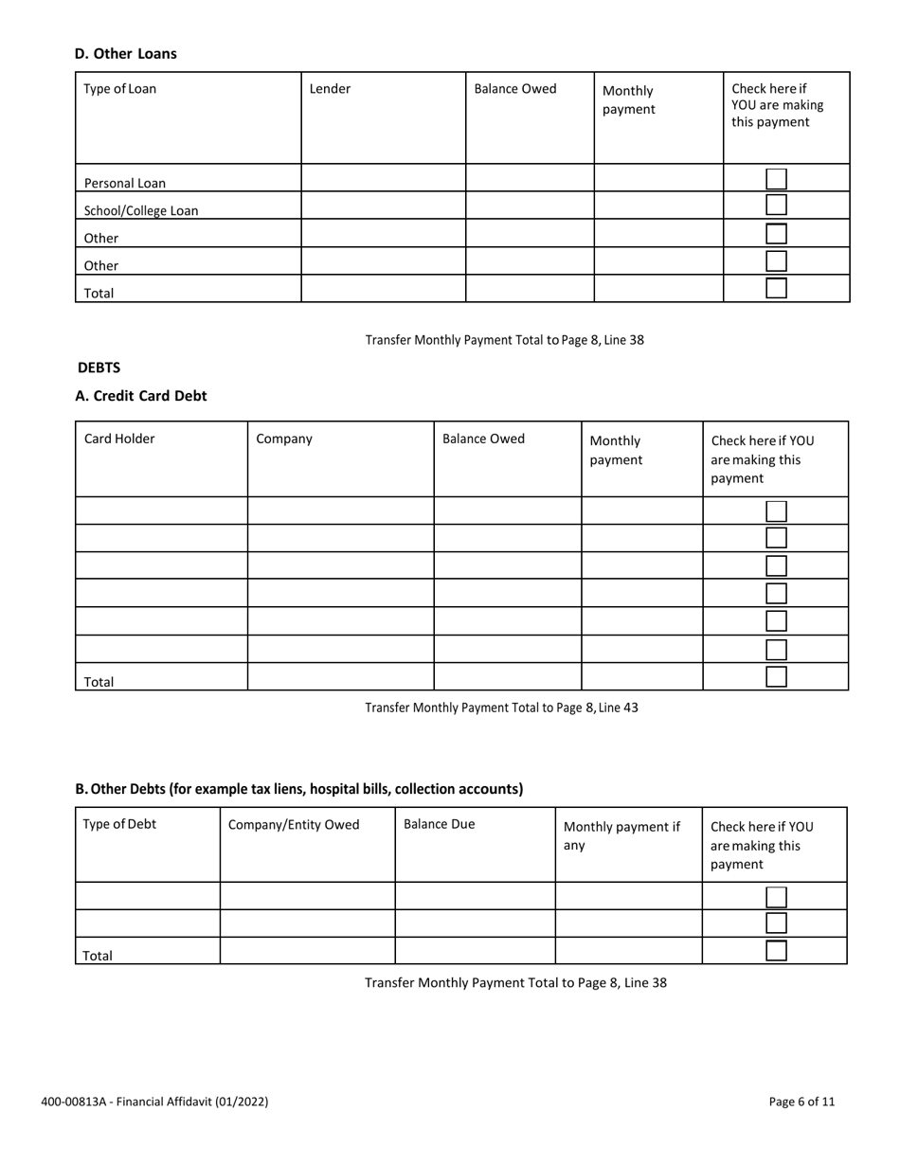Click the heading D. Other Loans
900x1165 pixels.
[x=125, y=54]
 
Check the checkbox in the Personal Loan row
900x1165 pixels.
[x=776, y=178]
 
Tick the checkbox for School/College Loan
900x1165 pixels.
[x=776, y=205]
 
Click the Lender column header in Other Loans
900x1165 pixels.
[x=330, y=89]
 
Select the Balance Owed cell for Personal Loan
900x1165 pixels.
[x=530, y=178]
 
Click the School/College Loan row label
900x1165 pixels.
[x=141, y=211]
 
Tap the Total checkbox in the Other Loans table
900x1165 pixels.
[x=776, y=288]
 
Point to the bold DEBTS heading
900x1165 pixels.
[x=99, y=367]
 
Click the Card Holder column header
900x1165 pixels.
[x=119, y=439]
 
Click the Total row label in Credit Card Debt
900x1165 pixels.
[x=99, y=681]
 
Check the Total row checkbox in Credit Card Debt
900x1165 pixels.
[x=776, y=676]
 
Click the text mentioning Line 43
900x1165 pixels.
[x=501, y=708]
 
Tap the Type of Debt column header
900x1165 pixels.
[x=119, y=824]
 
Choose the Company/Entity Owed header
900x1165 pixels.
[x=294, y=824]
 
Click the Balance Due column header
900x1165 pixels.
[x=439, y=824]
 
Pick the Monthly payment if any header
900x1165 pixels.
[x=621, y=835]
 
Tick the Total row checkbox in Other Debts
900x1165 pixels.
[x=776, y=951]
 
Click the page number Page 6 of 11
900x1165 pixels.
[x=801, y=1102]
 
